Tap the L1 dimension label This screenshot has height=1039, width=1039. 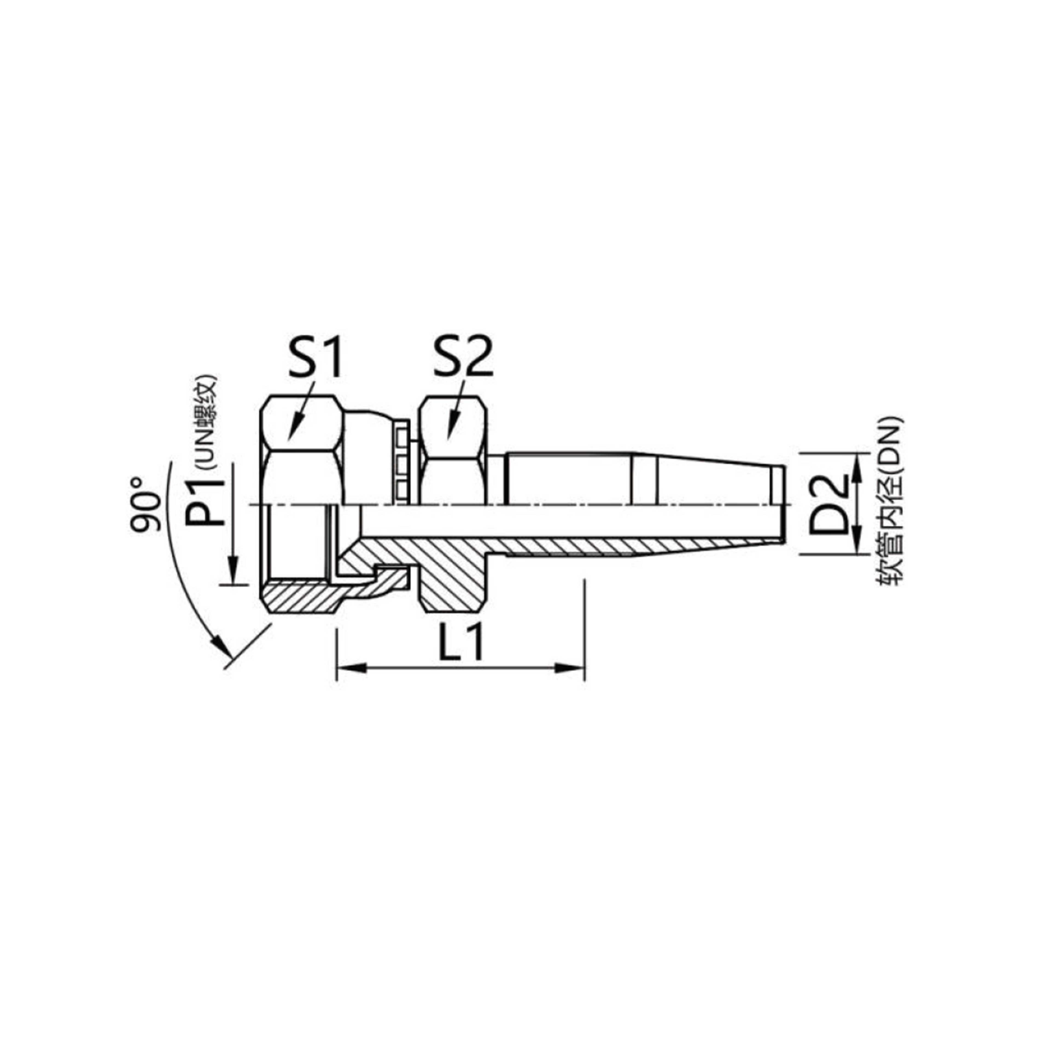pyautogui.click(x=461, y=643)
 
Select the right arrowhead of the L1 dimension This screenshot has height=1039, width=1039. pyautogui.click(x=571, y=669)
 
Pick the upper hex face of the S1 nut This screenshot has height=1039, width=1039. pyautogui.click(x=301, y=425)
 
